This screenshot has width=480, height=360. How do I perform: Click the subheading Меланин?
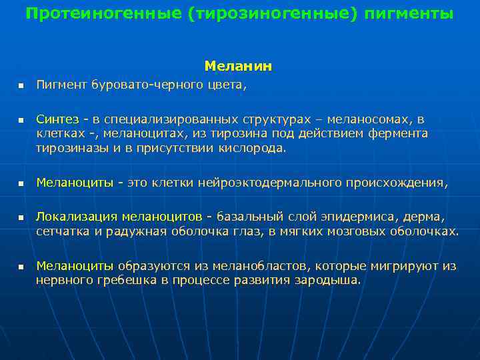(238, 67)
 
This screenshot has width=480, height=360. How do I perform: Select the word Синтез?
(57, 119)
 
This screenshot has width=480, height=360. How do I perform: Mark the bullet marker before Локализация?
(21, 217)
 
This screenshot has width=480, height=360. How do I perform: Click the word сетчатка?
(62, 231)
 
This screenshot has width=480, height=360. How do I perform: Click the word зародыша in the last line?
(331, 280)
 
